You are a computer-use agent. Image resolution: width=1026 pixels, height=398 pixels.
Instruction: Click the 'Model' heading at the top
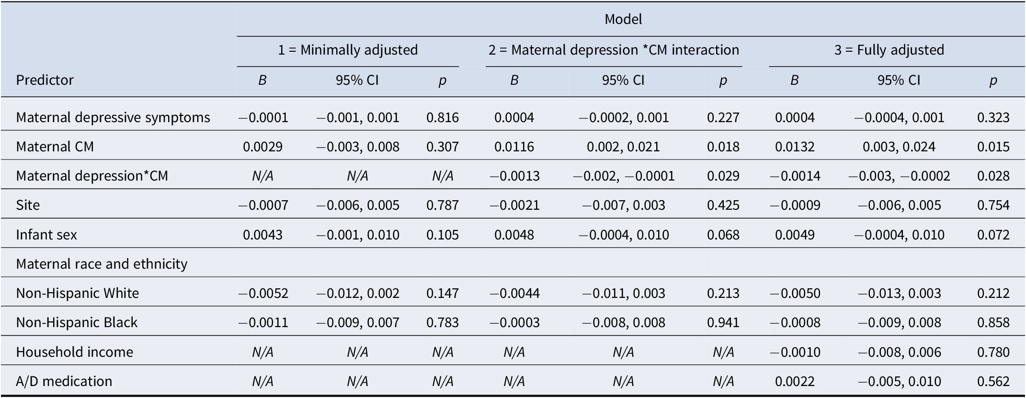point(623,19)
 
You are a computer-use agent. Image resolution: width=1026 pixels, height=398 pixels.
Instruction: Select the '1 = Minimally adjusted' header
point(348,50)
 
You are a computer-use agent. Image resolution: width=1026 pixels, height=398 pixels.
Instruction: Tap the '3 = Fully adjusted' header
point(889,50)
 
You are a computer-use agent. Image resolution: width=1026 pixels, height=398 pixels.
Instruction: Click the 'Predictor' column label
point(45,80)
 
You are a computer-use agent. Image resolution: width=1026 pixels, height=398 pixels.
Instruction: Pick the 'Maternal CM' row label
point(55,147)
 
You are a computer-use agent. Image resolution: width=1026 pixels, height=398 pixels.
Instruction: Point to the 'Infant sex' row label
point(46,235)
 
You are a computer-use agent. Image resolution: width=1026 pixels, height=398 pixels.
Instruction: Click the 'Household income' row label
point(74,352)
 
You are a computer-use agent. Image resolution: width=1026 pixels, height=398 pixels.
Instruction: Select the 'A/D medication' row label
point(64,381)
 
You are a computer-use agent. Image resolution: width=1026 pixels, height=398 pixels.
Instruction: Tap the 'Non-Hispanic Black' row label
point(77,322)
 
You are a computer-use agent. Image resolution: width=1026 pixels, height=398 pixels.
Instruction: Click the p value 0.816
point(442,117)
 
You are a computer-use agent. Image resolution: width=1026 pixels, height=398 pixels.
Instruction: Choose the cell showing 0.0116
point(514,147)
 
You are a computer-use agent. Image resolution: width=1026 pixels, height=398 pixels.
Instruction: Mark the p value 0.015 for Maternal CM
point(993,147)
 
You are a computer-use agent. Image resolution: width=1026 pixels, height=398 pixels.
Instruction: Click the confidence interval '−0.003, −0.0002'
point(899,176)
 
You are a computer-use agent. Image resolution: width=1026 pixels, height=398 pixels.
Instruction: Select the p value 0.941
point(723,322)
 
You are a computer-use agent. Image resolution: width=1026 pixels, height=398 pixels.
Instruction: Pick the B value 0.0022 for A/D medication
point(795,381)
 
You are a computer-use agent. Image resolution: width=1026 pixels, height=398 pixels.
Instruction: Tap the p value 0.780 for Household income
point(993,352)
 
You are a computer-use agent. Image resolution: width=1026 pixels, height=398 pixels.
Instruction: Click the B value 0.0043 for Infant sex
point(262,235)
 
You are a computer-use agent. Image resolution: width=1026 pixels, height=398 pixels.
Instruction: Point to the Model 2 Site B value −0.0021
point(514,205)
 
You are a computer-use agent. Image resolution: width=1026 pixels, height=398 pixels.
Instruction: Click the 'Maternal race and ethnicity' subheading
point(102,264)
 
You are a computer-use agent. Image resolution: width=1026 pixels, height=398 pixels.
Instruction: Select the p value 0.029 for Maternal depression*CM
point(723,176)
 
